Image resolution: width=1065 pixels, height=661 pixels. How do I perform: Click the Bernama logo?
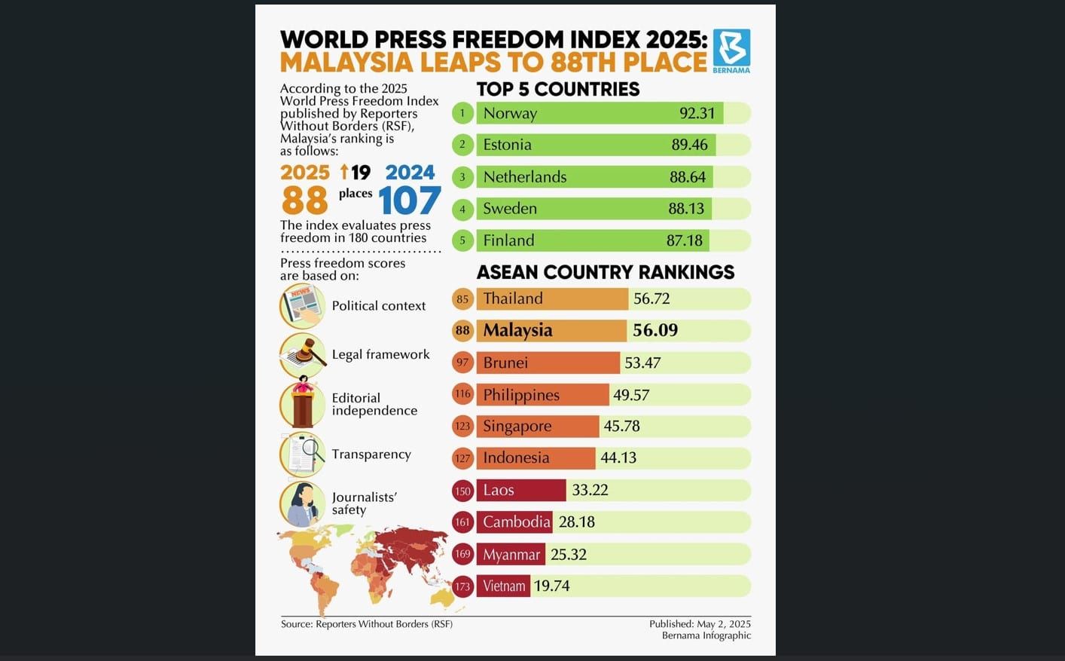(x=731, y=49)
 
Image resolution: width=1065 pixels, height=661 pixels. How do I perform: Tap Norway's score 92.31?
(x=697, y=113)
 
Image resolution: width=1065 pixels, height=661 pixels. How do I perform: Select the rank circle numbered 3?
(x=462, y=177)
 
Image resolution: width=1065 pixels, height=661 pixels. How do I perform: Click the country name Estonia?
(x=507, y=145)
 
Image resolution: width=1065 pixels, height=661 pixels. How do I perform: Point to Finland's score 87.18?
(x=684, y=240)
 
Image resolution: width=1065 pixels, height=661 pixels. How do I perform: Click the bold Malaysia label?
(x=517, y=330)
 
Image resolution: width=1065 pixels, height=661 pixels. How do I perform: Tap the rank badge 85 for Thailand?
(x=462, y=299)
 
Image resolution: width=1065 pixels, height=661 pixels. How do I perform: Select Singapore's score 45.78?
(x=621, y=426)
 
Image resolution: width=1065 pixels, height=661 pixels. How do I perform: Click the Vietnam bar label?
(x=504, y=586)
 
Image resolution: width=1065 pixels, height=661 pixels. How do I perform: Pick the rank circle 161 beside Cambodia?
(x=462, y=522)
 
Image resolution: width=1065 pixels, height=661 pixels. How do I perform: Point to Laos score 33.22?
(x=590, y=490)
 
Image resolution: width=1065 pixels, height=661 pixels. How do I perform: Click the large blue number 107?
(x=409, y=200)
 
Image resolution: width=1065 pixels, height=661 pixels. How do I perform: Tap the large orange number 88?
(x=305, y=200)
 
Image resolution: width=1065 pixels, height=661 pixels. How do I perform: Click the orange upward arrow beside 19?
(x=344, y=172)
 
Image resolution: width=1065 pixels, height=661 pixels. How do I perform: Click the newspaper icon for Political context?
(x=302, y=305)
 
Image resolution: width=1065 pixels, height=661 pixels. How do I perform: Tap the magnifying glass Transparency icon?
(x=303, y=454)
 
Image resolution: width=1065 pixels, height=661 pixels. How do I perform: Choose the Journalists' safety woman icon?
(x=302, y=503)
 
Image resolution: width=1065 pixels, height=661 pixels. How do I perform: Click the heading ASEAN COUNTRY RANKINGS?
(x=605, y=272)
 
